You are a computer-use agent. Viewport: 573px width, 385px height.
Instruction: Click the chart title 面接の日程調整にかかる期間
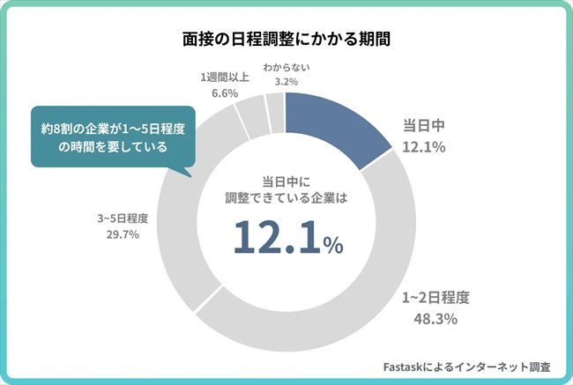coord(286,40)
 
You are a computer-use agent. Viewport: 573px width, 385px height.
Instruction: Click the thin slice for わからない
coord(275,109)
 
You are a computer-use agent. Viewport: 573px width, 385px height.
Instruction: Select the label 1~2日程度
coord(435,296)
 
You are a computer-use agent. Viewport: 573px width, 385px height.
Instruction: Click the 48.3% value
coord(435,318)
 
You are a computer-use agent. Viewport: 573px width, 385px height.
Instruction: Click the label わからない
coord(286,66)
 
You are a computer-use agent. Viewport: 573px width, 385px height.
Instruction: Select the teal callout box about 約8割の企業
coord(108,138)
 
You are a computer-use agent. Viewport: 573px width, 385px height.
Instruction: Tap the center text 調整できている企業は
coord(286,198)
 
